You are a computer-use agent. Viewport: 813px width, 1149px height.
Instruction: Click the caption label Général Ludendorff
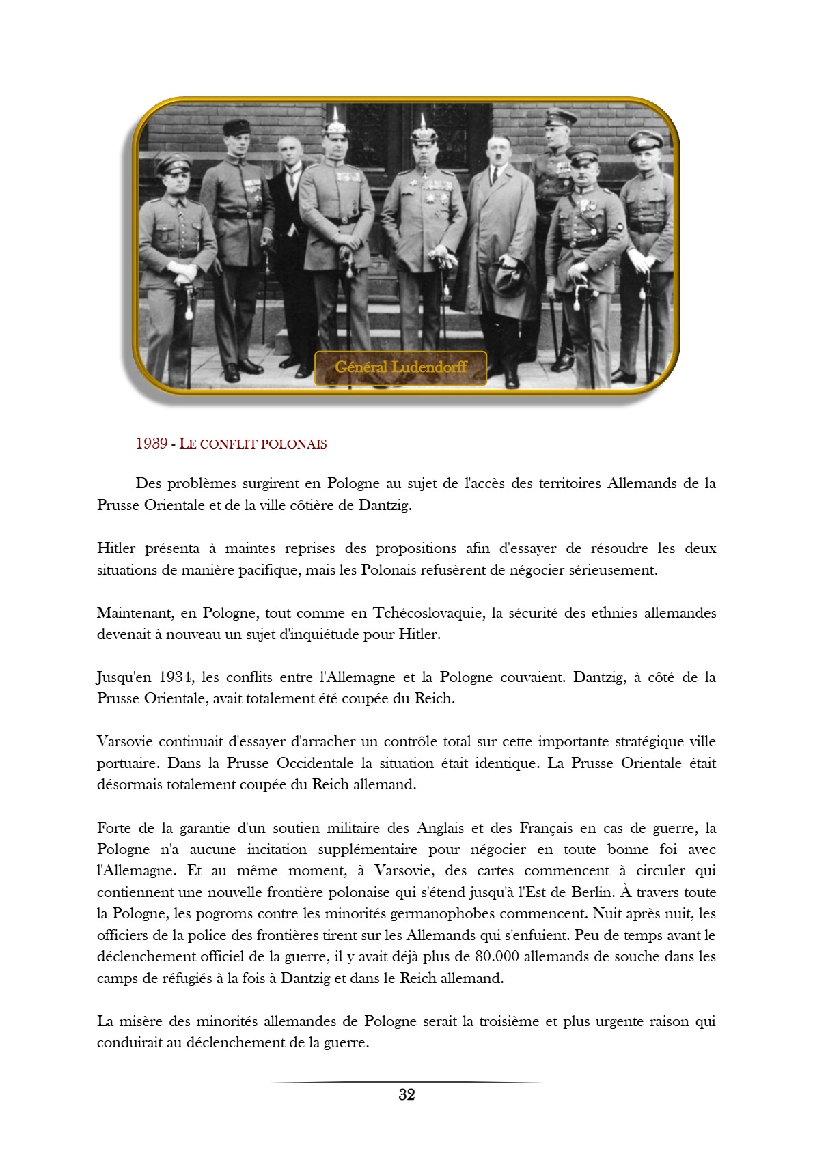[x=400, y=367]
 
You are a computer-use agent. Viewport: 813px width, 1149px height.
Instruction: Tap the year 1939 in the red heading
[x=152, y=444]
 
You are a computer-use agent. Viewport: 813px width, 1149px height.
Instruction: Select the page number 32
[x=406, y=1094]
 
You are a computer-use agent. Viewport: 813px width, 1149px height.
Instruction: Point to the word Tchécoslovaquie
[x=428, y=612]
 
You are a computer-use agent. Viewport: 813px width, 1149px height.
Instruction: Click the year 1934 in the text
[x=176, y=677]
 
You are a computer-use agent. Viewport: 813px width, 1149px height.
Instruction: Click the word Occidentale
[x=315, y=763]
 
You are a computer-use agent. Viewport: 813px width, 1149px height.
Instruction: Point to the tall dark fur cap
[x=237, y=127]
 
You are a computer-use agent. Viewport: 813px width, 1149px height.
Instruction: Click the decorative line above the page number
[x=406, y=1082]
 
